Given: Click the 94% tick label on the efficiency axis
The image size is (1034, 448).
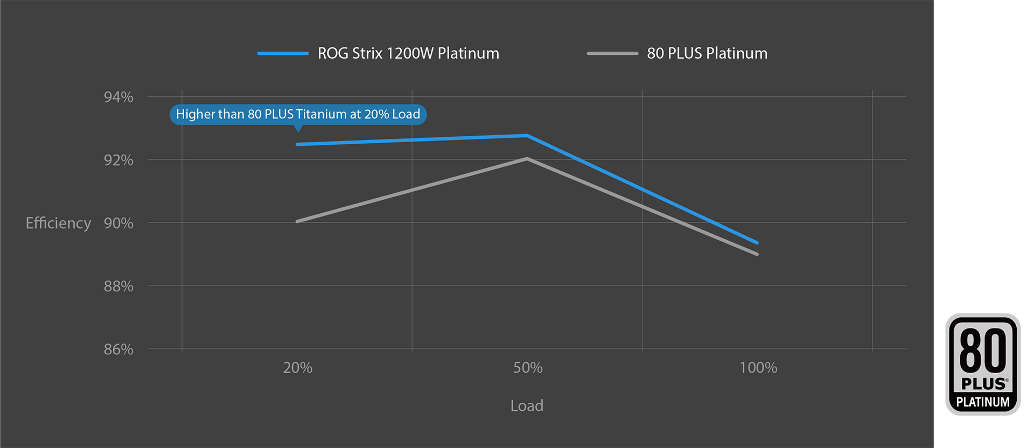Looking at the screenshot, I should coord(118,97).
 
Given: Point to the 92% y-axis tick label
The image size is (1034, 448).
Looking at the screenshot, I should coord(118,160).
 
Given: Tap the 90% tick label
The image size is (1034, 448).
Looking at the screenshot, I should coord(118,223).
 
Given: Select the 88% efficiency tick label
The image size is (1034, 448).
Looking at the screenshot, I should coord(118,286).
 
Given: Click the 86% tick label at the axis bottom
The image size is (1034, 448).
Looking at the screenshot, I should coord(118,349).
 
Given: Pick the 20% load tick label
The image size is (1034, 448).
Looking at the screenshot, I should coord(297,368).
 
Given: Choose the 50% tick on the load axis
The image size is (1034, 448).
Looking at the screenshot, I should coord(527,368).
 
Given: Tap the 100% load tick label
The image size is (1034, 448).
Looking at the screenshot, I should coord(758,368).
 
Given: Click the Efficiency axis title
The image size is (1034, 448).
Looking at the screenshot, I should coord(58,223).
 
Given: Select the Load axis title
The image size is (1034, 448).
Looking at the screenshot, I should coord(527,405).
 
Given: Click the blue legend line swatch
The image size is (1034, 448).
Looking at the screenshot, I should coord(283,53).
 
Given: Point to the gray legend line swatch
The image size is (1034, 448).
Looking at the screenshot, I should coord(612,53).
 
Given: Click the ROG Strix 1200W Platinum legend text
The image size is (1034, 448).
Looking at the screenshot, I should coord(408,53).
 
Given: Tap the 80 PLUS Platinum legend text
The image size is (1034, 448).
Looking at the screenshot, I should coord(707,53).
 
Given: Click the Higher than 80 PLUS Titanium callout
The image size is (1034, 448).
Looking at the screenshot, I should coord(298,114).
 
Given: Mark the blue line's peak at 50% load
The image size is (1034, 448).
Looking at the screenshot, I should coord(527,136).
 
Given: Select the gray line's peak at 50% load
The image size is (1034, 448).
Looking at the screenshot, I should coord(527,159).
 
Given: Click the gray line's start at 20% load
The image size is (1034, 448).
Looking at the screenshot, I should coord(298,221).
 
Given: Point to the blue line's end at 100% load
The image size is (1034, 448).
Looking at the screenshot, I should coord(757,242).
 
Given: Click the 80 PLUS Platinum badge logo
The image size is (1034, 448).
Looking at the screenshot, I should coord(983,364).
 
